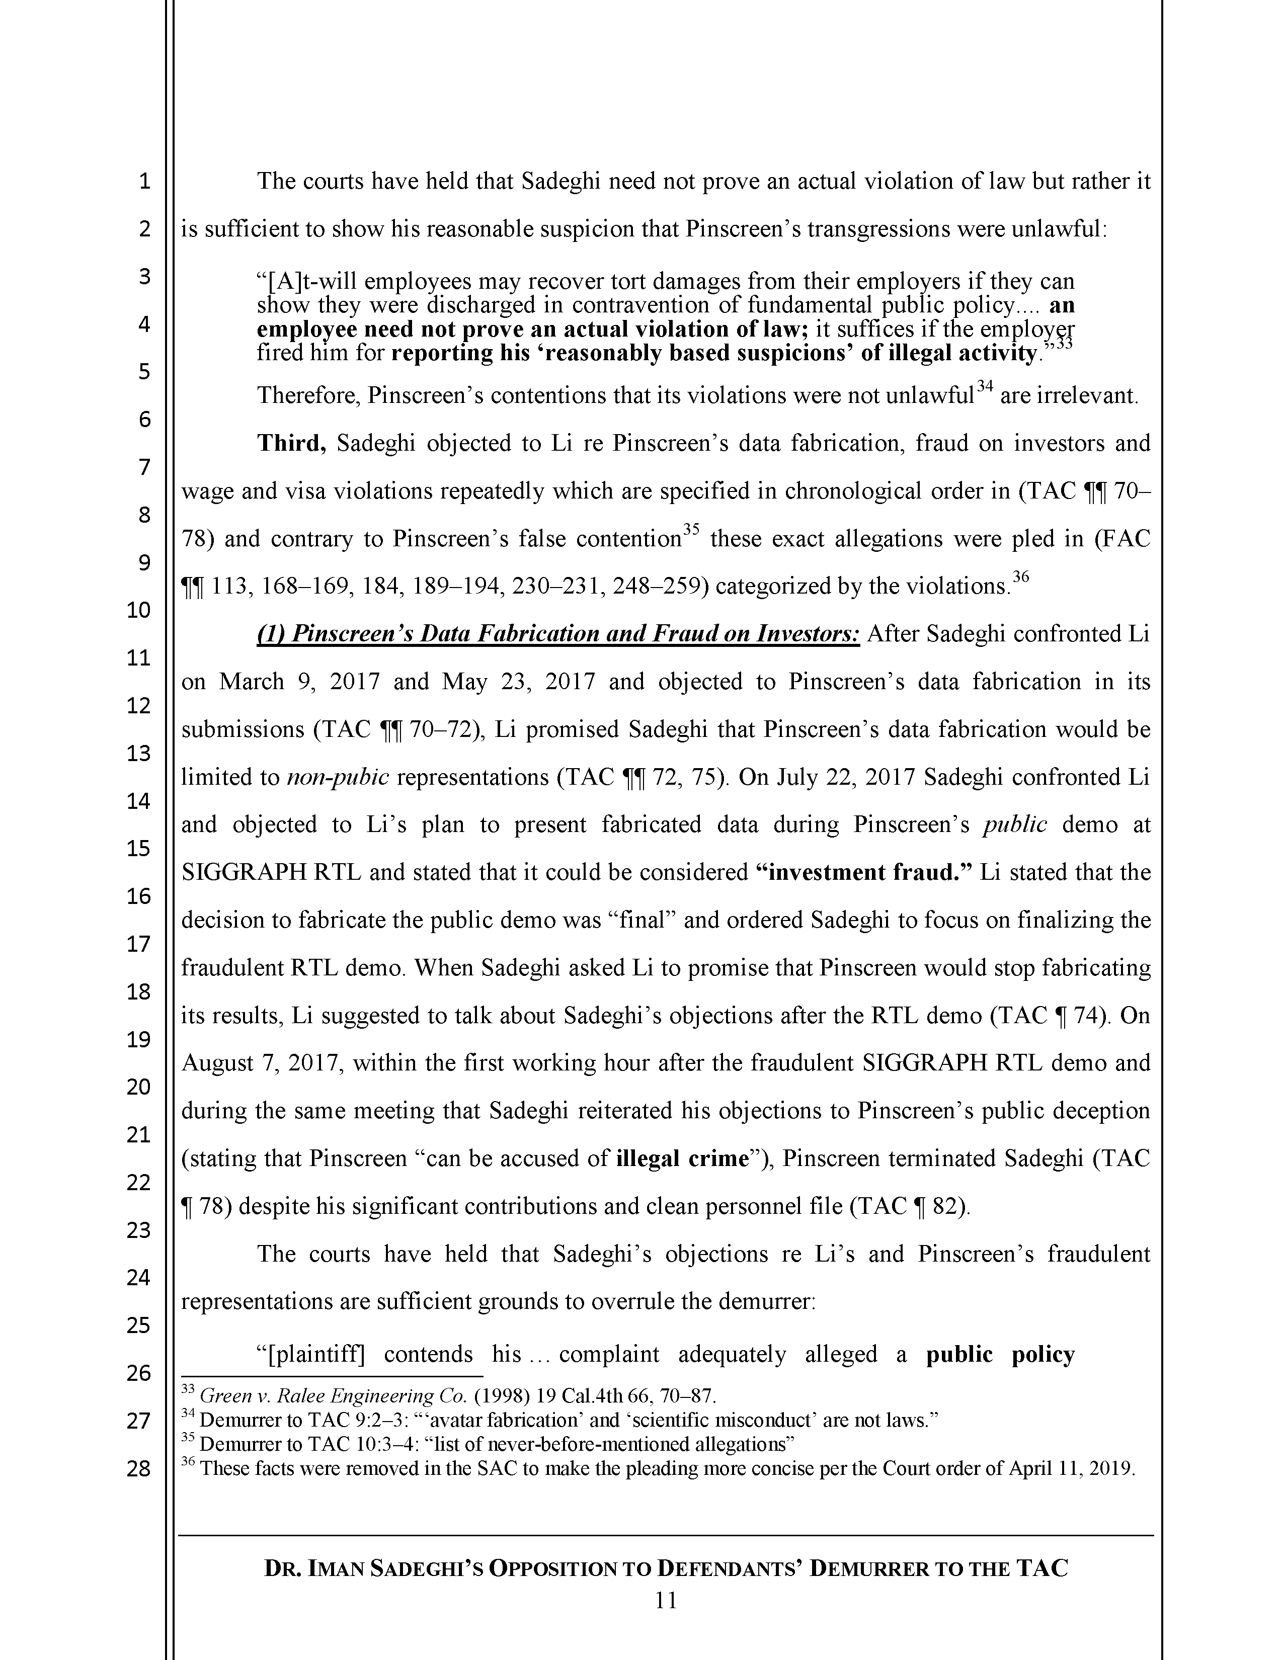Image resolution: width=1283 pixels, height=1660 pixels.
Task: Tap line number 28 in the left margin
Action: (138, 1468)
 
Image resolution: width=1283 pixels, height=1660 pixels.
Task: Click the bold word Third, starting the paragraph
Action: (292, 443)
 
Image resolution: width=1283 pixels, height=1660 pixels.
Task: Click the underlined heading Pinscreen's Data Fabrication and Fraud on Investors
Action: (558, 634)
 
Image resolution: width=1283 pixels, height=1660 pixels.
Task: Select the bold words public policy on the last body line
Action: (1000, 1355)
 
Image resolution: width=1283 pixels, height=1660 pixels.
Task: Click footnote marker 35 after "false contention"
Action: (690, 531)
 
